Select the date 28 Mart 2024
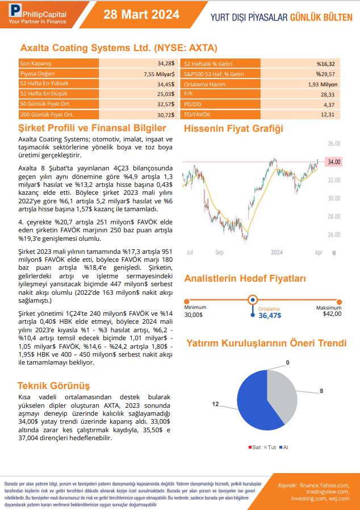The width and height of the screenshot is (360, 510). (141, 15)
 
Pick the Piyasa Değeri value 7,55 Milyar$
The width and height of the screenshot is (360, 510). (158, 73)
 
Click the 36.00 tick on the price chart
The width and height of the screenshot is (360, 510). (334, 144)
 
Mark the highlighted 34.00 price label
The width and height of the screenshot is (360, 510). (333, 162)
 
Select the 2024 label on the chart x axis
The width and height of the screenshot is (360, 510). (277, 252)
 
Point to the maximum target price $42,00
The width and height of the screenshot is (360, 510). (332, 313)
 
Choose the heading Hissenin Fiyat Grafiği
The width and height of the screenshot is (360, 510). (233, 128)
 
